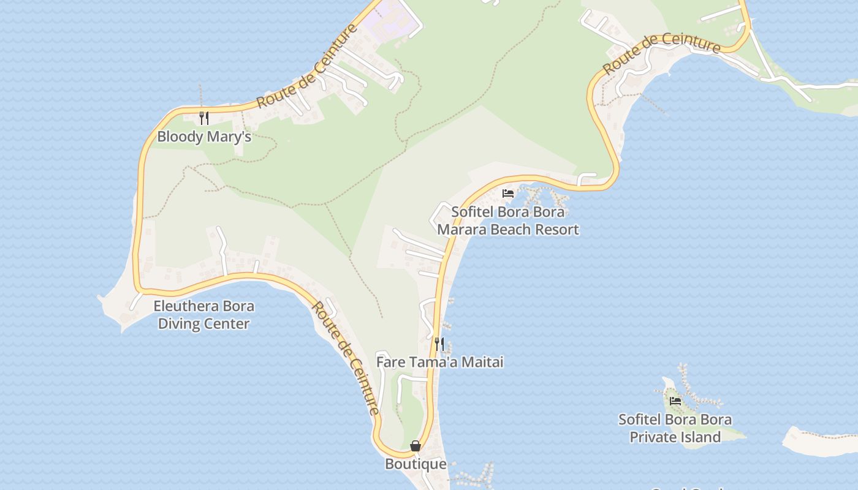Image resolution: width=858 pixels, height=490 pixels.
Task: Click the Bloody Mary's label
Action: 204,136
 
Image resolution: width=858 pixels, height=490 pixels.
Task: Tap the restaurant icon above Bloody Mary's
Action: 204,118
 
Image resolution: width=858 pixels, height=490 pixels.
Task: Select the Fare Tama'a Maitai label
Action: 439,362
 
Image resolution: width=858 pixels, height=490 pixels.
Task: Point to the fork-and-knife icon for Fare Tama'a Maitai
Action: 439,344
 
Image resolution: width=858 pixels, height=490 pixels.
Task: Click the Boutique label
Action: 416,464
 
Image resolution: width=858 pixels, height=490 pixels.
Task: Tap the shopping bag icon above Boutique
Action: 416,446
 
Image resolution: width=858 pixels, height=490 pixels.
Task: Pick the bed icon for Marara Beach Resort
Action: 508,194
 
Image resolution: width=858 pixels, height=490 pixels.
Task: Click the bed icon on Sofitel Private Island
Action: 675,401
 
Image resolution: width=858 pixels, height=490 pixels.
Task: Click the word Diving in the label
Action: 181,323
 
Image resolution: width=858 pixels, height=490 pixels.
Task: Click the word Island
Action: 700,437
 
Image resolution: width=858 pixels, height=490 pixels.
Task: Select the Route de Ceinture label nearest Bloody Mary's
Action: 307,67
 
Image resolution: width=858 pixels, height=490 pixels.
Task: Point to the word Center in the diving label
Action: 230,323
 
